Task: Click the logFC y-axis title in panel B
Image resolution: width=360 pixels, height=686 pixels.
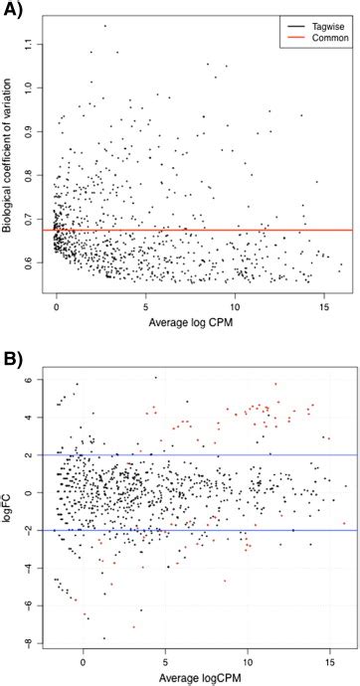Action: [x=9, y=510]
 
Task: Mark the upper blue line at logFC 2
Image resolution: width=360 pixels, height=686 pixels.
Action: [x=199, y=455]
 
